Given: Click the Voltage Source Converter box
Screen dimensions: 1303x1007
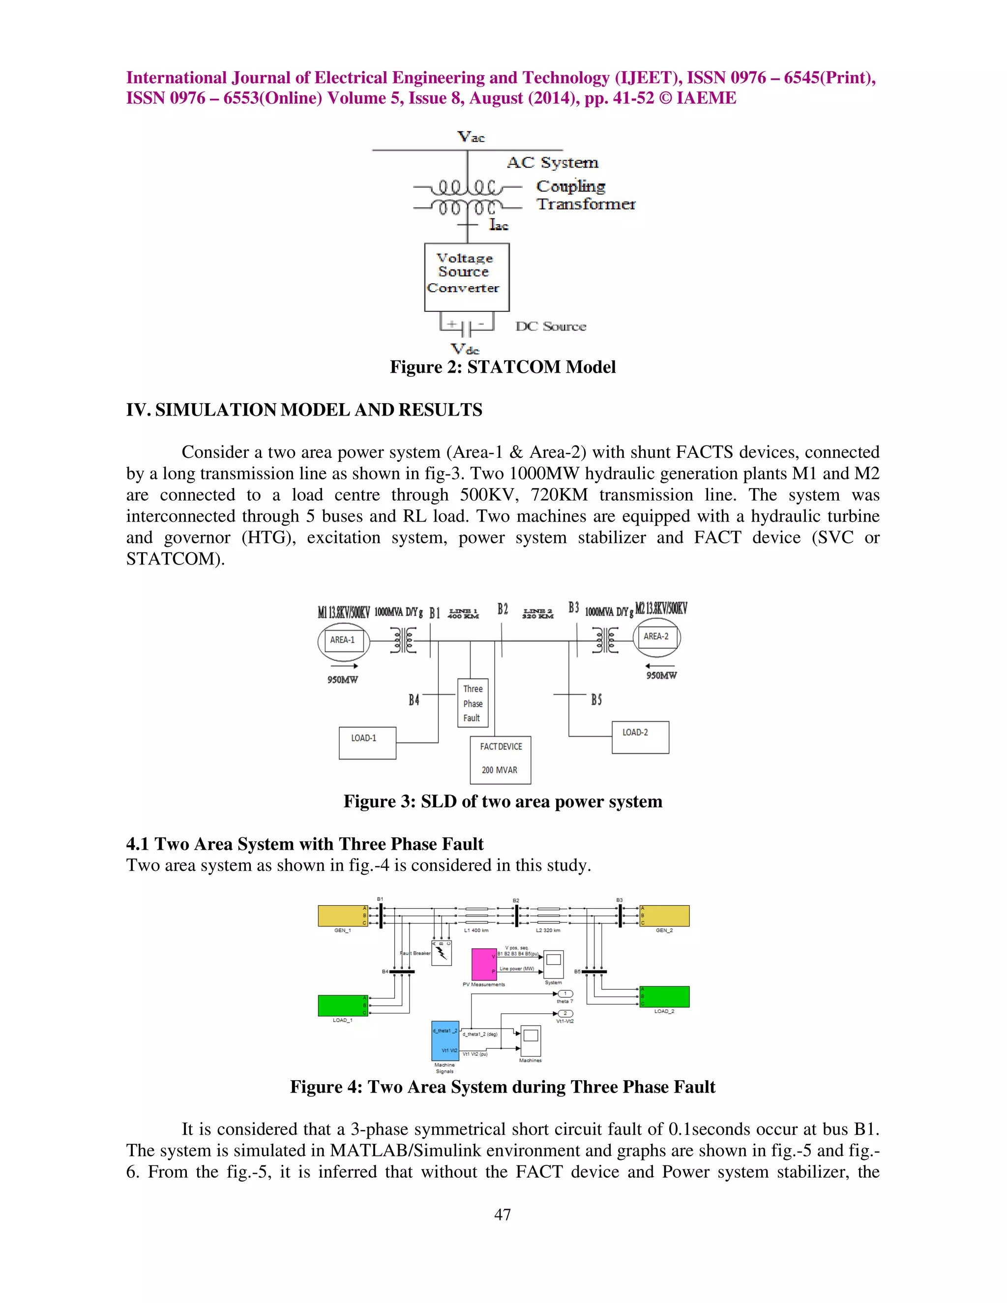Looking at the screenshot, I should click(467, 277).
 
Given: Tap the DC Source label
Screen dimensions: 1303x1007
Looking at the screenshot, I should click(551, 326).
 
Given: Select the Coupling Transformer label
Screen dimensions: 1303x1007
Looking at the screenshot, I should click(585, 195).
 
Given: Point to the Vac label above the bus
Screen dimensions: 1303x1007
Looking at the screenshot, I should click(471, 137).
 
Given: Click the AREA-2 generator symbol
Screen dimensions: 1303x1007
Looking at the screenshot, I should click(656, 637).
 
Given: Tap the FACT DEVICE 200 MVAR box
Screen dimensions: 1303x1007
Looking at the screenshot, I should click(501, 760).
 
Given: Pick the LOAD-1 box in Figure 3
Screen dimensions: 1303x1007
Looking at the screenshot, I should click(367, 743).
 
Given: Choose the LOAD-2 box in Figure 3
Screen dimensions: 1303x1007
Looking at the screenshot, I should click(640, 738).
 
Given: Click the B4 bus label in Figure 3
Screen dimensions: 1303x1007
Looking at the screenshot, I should click(414, 700).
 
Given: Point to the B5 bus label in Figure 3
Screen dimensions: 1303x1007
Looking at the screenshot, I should click(596, 699).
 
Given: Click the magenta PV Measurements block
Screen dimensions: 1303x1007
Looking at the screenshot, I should click(484, 964).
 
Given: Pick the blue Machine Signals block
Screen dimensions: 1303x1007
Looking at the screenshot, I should click(445, 1041).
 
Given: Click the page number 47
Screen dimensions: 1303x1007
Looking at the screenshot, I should click(503, 1214).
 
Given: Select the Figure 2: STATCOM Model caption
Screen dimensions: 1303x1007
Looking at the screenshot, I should click(503, 367).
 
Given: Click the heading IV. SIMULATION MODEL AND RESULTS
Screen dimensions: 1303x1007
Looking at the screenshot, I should click(304, 410).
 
